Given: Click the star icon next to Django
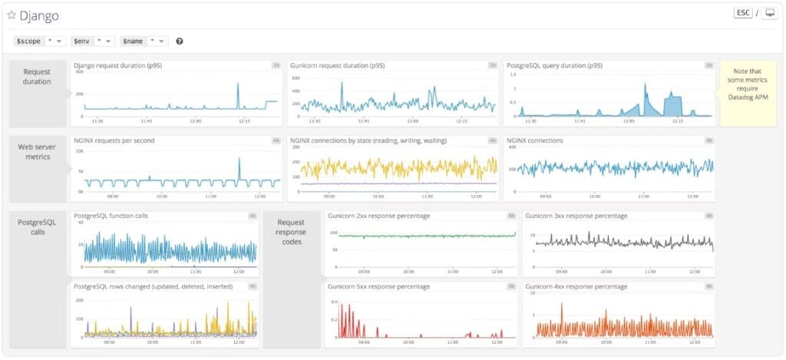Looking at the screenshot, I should click(x=12, y=15).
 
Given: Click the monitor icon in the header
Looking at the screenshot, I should click(x=770, y=14).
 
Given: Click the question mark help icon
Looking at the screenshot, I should click(x=180, y=41).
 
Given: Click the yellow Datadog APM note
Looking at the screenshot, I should click(x=748, y=93).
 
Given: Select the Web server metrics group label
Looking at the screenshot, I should click(x=37, y=151).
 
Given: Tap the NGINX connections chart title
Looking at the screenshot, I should click(x=535, y=140).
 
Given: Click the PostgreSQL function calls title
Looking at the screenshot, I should click(x=111, y=216).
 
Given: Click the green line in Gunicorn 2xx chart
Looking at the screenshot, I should click(x=422, y=236).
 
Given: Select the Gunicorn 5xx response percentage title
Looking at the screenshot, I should click(x=378, y=286).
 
